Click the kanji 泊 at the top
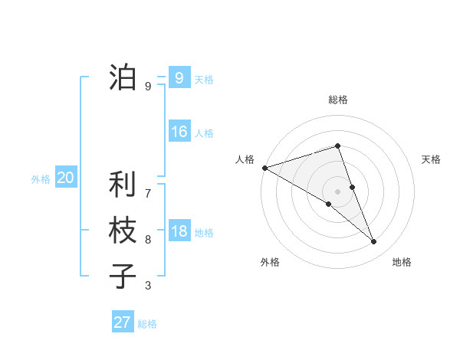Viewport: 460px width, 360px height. (x=123, y=77)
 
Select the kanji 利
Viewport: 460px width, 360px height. (x=123, y=185)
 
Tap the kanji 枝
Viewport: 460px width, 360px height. (x=123, y=231)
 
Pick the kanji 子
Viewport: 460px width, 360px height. (x=123, y=277)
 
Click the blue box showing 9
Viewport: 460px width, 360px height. (x=179, y=77)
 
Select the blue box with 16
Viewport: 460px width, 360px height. (x=179, y=132)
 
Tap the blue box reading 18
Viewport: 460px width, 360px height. (x=179, y=231)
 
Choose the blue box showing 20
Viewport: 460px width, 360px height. (x=65, y=178)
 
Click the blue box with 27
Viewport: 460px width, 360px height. (x=122, y=322)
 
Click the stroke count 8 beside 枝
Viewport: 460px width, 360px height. (x=148, y=240)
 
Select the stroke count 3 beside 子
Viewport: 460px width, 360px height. (x=148, y=286)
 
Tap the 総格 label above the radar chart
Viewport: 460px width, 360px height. (x=337, y=100)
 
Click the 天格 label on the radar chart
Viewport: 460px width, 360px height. (x=432, y=159)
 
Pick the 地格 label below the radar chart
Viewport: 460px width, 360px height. (x=402, y=262)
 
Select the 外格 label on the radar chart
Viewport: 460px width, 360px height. (x=270, y=262)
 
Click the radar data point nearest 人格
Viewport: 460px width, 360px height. (x=264, y=167)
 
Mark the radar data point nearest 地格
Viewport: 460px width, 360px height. (x=374, y=241)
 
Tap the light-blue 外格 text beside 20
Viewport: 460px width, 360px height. (x=41, y=179)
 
